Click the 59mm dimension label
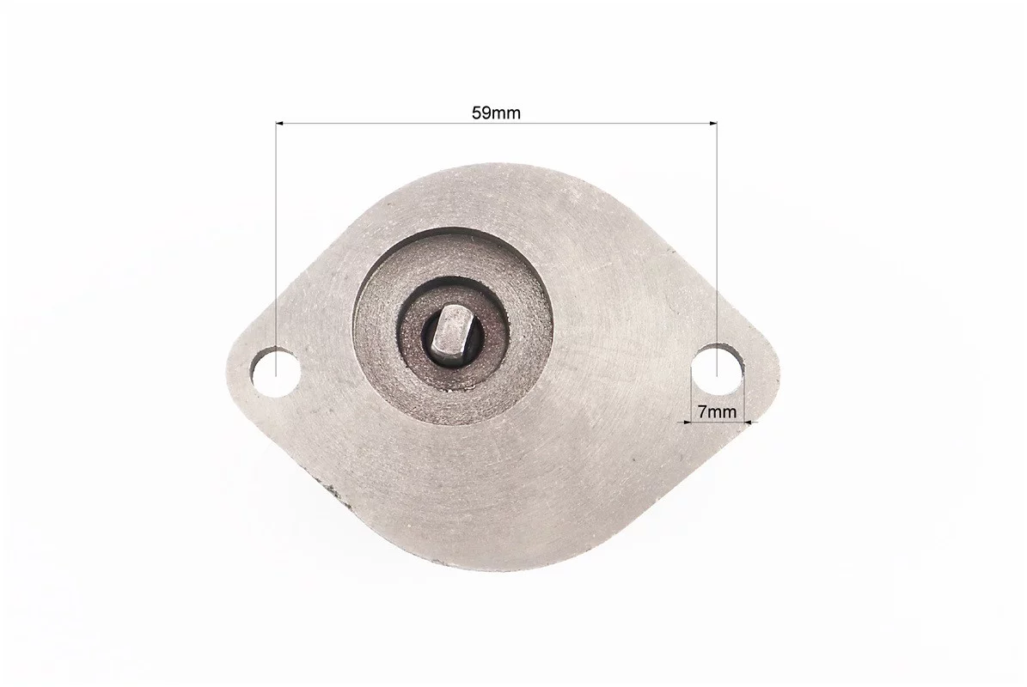[x=497, y=112]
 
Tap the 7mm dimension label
[x=717, y=411]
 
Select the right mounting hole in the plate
[x=719, y=369]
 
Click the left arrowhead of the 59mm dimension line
[x=280, y=122]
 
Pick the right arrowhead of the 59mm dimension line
[x=712, y=122]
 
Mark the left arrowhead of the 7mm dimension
[x=688, y=422]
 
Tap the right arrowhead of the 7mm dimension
[x=750, y=422]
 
